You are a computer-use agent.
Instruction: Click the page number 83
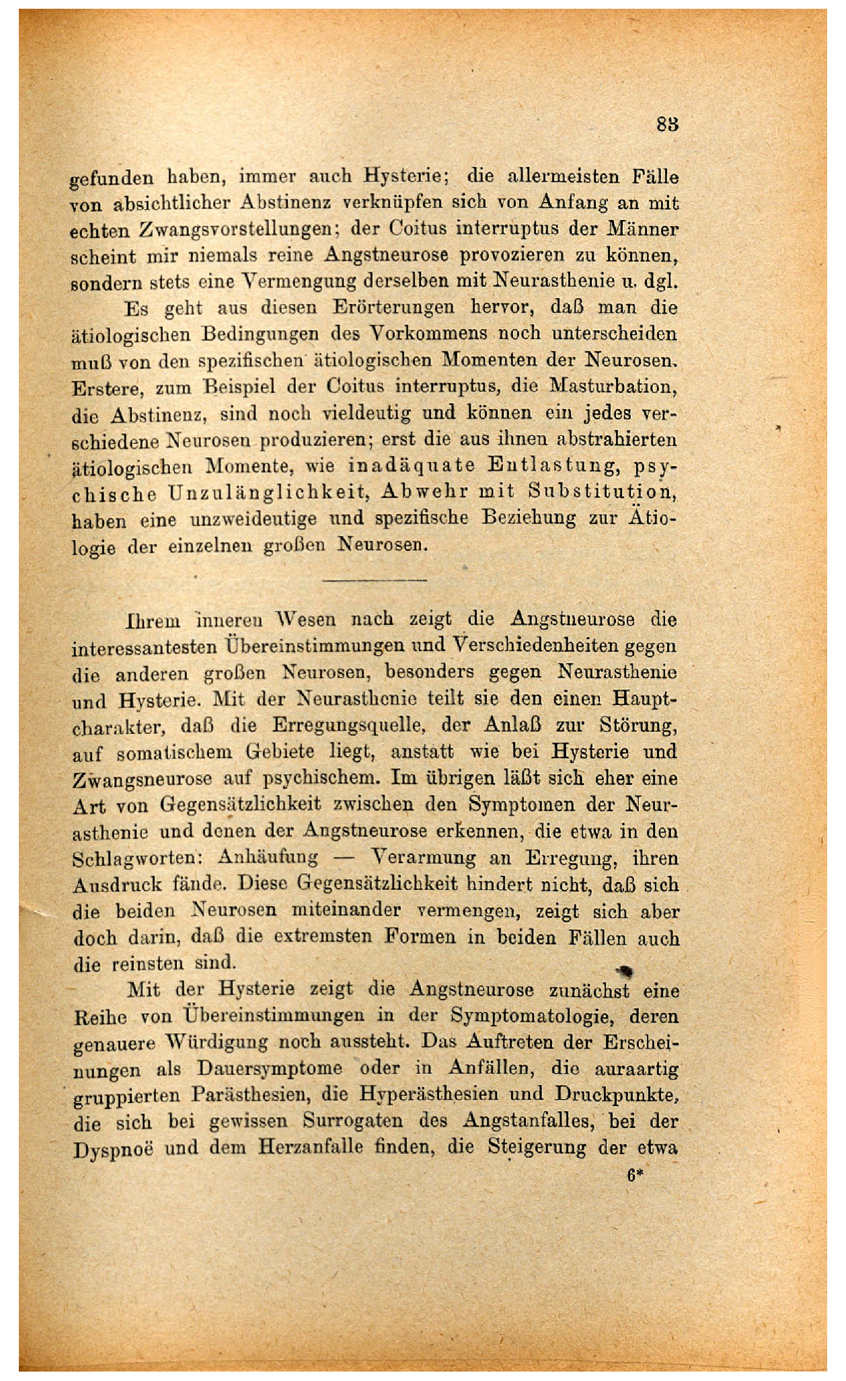point(667,125)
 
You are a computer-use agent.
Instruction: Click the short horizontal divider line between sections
point(375,579)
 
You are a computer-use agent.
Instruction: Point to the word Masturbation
point(615,387)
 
